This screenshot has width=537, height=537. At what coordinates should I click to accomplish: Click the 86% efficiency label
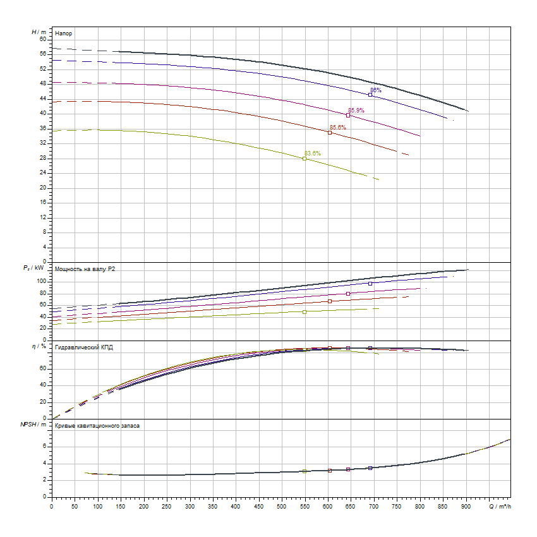point(376,90)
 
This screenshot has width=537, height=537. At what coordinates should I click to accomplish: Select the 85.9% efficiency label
point(356,110)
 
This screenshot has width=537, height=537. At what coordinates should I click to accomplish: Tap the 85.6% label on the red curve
point(338,127)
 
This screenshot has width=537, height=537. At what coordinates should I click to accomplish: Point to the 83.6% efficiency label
point(313,154)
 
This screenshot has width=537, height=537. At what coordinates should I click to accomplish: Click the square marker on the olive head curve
point(305,159)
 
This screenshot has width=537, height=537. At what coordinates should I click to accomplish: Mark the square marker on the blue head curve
point(370,95)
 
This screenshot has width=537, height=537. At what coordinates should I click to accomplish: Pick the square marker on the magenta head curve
point(348,115)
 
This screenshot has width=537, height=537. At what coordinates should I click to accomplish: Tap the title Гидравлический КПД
point(84,347)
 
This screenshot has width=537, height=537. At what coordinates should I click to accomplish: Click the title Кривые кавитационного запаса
point(97,426)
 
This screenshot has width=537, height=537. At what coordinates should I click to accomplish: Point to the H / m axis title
point(39,32)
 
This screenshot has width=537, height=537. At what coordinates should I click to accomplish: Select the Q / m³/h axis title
point(498,506)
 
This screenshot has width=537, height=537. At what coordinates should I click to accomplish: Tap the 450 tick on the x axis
point(259,506)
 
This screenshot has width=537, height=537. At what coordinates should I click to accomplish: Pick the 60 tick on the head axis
point(43,39)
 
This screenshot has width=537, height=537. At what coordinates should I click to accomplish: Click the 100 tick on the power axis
point(42,281)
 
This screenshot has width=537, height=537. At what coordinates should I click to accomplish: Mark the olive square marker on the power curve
point(305,311)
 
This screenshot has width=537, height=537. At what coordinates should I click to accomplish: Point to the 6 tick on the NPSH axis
point(44,446)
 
